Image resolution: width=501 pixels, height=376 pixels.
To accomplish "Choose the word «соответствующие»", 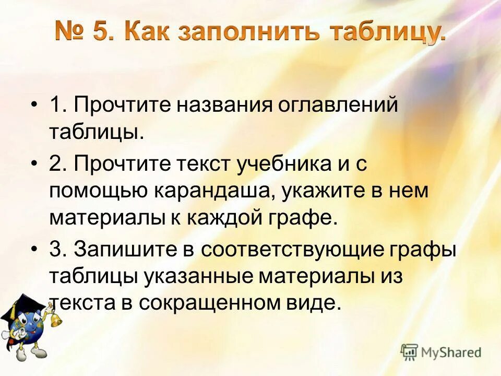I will [294, 250].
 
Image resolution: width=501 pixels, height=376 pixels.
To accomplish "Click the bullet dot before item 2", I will [35, 164].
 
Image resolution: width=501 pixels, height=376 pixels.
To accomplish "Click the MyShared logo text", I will [451, 352].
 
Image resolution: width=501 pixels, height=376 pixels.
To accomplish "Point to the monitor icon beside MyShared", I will [409, 352].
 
